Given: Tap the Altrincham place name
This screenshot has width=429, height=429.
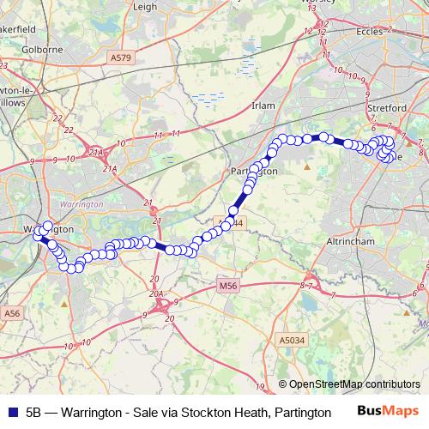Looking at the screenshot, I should point(353,242).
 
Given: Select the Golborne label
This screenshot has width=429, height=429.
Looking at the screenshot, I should point(40,50).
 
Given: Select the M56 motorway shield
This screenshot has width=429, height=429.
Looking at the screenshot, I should point(227,286).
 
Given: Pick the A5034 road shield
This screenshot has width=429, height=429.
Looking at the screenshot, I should point(291,341).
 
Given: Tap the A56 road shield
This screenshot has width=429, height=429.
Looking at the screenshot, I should point(11,314).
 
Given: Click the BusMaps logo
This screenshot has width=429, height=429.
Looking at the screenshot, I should point(386,412).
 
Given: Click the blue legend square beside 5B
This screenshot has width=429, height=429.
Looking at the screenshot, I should point(10,412).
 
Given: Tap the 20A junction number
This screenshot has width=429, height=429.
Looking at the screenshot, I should point(155,293).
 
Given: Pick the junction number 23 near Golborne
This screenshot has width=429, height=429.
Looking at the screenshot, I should point(3,64).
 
